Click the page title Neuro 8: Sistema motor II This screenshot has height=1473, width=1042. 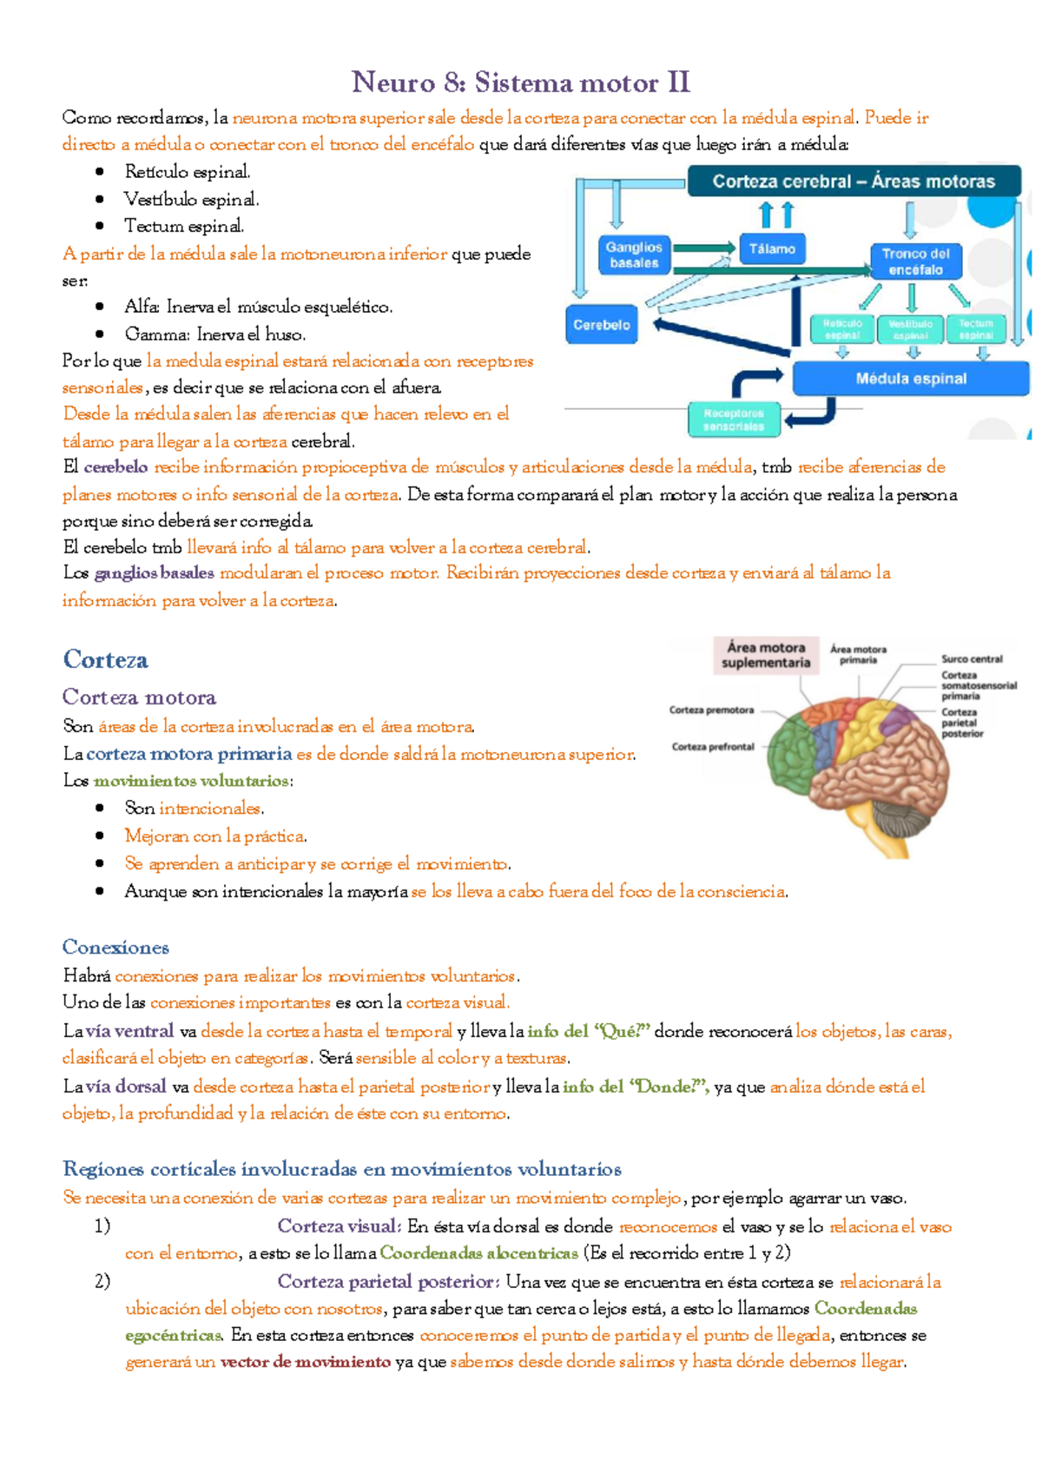tap(520, 83)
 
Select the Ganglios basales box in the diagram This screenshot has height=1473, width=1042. tap(634, 254)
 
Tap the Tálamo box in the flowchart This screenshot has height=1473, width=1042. tap(772, 249)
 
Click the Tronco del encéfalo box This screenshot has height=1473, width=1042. tap(915, 261)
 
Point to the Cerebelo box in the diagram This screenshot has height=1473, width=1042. tap(601, 325)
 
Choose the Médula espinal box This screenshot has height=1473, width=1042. tap(910, 379)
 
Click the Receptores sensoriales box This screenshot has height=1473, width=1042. tap(734, 419)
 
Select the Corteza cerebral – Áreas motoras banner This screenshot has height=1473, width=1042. tap(853, 182)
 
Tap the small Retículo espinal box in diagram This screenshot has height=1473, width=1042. tap(841, 329)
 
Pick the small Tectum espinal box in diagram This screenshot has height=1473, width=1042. tap(975, 329)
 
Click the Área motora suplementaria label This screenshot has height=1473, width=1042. tap(766, 655)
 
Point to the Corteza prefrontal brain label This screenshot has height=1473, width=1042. tap(713, 747)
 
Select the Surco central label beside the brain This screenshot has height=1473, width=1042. tap(972, 659)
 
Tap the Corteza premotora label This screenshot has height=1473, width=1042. tap(711, 710)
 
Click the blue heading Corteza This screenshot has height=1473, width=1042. tap(105, 660)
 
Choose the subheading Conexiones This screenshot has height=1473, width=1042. tap(115, 948)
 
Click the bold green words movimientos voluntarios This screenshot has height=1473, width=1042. tap(191, 781)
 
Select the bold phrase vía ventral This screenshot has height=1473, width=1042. tap(129, 1032)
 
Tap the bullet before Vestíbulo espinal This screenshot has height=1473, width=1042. tap(101, 200)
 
